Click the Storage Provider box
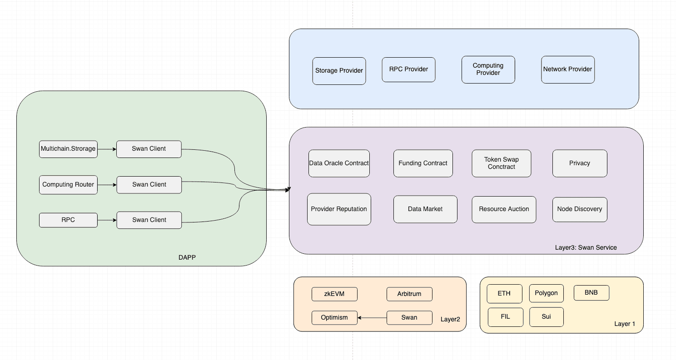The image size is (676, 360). pyautogui.click(x=339, y=71)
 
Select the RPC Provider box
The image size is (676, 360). pyautogui.click(x=408, y=69)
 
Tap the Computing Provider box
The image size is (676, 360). pyautogui.click(x=488, y=69)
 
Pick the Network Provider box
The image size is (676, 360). pyautogui.click(x=567, y=69)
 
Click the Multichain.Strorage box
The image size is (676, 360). pyautogui.click(x=68, y=149)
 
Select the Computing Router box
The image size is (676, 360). pyautogui.click(x=68, y=185)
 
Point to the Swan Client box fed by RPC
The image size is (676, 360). pyautogui.click(x=149, y=220)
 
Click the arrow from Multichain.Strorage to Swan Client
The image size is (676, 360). pyautogui.click(x=107, y=149)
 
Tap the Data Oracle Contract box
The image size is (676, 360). pyautogui.click(x=339, y=163)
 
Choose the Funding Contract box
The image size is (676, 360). pyautogui.click(x=423, y=163)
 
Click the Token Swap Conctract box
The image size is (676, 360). pyautogui.click(x=502, y=163)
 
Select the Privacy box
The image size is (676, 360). pyautogui.click(x=580, y=163)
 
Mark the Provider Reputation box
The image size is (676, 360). pyautogui.click(x=339, y=209)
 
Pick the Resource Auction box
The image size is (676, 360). pyautogui.click(x=504, y=209)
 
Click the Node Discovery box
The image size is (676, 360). pyautogui.click(x=580, y=209)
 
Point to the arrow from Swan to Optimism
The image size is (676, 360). pyautogui.click(x=372, y=318)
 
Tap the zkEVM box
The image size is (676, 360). pyautogui.click(x=334, y=294)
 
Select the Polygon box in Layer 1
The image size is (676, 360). pyautogui.click(x=546, y=293)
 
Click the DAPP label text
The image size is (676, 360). pyautogui.click(x=187, y=257)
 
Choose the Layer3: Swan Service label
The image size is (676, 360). pyautogui.click(x=586, y=247)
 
